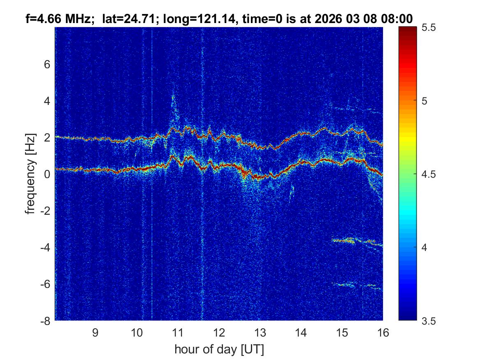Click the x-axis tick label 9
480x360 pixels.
95,333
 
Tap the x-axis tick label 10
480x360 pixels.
137,333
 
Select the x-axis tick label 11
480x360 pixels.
178,333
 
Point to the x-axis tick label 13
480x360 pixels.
260,333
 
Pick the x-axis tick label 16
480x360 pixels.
383,333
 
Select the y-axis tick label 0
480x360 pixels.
47,174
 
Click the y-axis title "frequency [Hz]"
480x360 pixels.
30,174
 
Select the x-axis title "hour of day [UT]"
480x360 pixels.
218,349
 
